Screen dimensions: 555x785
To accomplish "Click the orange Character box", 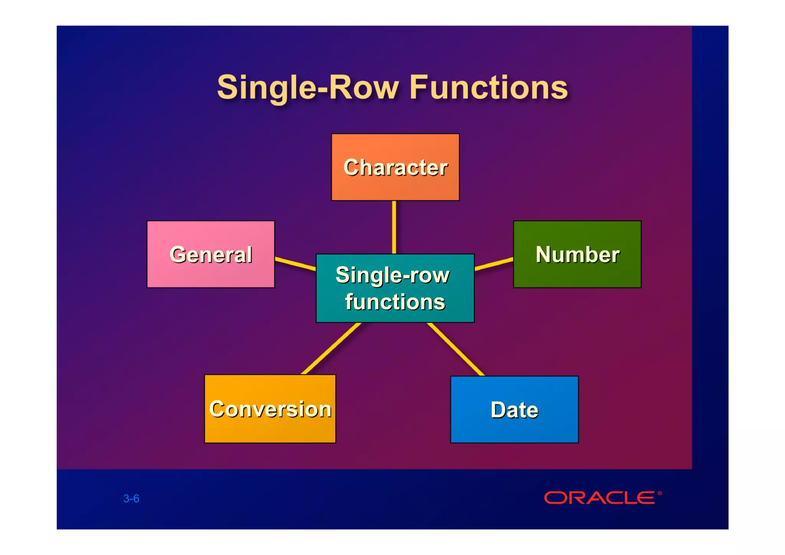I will tap(395, 167).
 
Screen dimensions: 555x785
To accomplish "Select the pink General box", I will tap(211, 254).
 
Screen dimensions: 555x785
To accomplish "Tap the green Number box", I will tap(577, 254).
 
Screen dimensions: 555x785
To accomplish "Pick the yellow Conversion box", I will tap(270, 409).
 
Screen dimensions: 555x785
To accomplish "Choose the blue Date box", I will tap(514, 409).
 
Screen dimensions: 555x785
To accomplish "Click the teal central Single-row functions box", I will tap(395, 288).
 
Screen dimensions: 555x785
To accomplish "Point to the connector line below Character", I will tap(394, 227).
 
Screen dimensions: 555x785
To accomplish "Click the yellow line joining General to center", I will tap(295, 264).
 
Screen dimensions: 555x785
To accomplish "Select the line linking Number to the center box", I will tap(494, 264).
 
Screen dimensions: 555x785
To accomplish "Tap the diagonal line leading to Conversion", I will tap(332, 348).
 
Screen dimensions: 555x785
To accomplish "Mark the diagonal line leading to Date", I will tap(456, 349).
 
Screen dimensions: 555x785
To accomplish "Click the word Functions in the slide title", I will tap(489, 88).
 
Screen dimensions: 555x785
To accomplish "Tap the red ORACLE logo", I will tap(600, 498).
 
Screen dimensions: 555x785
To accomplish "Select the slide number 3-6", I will tap(131, 498).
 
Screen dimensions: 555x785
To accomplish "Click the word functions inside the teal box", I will tap(395, 302).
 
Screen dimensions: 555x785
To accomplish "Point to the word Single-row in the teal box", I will tap(392, 275).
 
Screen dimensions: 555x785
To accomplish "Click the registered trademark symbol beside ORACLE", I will tap(660, 493).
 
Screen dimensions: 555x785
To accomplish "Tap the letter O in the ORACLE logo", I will tap(555, 498).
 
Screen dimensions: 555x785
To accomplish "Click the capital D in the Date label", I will tap(498, 409).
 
